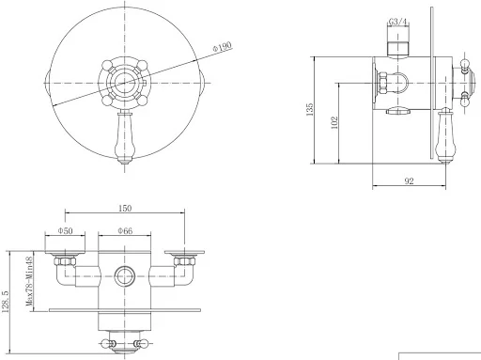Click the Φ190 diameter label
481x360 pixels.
click(x=222, y=47)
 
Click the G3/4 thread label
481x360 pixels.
click(x=398, y=22)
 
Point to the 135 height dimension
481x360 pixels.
click(x=309, y=110)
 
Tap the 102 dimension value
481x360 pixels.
click(x=334, y=122)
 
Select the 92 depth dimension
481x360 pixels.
click(x=409, y=180)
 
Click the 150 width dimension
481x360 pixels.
click(x=125, y=208)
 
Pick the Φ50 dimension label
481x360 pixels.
click(x=65, y=231)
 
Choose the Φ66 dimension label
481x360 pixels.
click(x=125, y=231)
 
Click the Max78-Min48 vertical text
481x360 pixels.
click(x=29, y=281)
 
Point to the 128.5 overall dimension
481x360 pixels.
click(x=6, y=302)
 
